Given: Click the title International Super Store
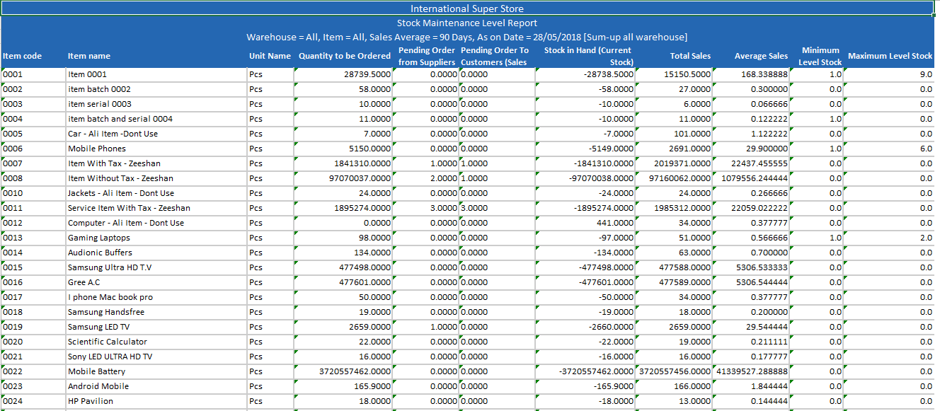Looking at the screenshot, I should [x=467, y=8].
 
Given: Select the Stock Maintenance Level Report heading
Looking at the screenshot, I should [x=467, y=23].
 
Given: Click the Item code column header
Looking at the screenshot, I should [x=23, y=56].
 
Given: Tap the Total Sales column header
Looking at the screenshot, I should [x=690, y=56].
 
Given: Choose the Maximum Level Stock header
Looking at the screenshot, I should [x=890, y=56].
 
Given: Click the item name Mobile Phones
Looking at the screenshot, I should [x=97, y=149].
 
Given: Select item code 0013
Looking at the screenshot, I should [x=13, y=238].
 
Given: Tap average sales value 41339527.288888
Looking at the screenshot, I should [x=752, y=371].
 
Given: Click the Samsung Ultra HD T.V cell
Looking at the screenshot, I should [x=110, y=267].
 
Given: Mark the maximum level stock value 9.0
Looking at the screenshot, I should [x=926, y=74].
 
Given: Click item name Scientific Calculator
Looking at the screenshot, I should [x=108, y=342].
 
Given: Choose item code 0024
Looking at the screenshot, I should [x=13, y=401].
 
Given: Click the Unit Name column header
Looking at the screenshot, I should [x=270, y=56].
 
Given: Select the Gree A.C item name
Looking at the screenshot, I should [x=84, y=282].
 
